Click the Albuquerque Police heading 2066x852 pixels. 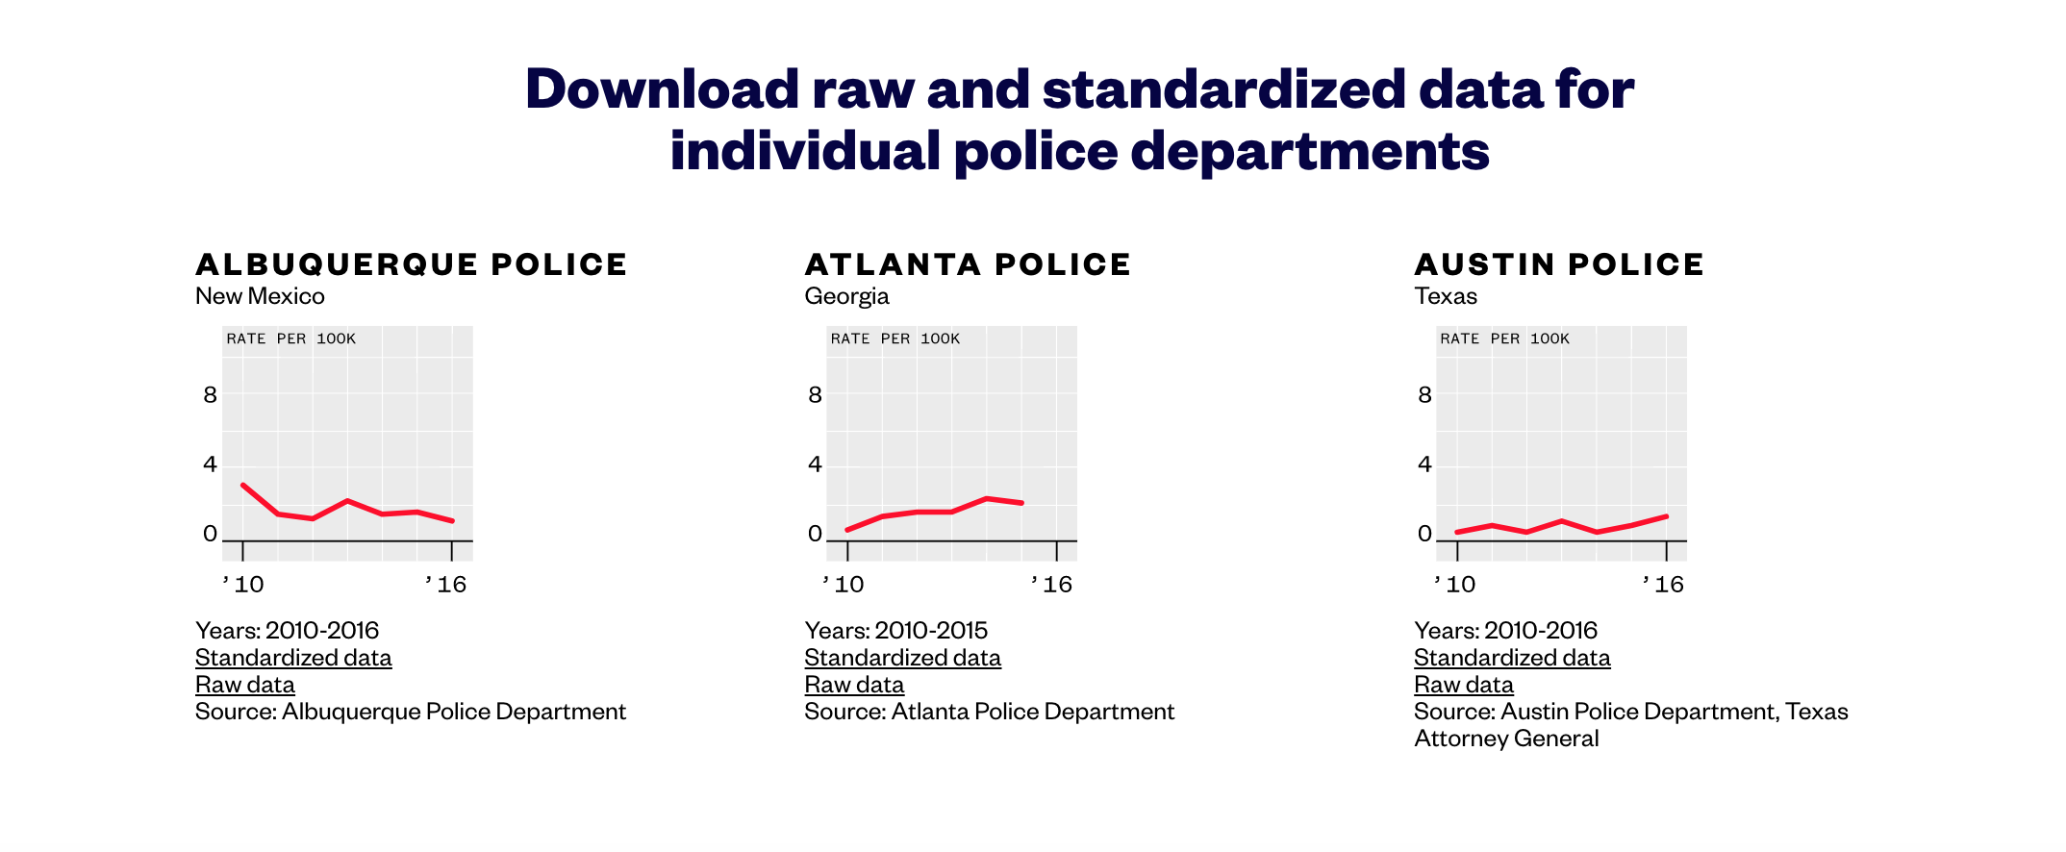(411, 264)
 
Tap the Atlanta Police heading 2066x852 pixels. (968, 264)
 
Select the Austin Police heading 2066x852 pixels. (1558, 264)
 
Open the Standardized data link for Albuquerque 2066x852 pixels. (293, 658)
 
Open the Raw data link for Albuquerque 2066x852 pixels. (244, 685)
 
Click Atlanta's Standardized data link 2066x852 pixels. (902, 658)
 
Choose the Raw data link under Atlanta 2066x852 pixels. (854, 685)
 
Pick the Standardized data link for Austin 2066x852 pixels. (1512, 658)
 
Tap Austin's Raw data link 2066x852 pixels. (1463, 685)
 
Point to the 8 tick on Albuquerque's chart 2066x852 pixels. (210, 395)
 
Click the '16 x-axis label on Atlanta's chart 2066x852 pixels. (1051, 585)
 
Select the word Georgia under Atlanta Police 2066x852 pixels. (846, 296)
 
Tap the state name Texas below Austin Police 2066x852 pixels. (1445, 296)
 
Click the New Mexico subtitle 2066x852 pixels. (260, 296)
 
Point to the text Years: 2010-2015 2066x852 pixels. (895, 631)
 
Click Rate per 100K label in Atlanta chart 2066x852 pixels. (894, 338)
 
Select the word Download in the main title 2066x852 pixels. (662, 88)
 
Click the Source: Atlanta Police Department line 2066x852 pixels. (989, 712)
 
